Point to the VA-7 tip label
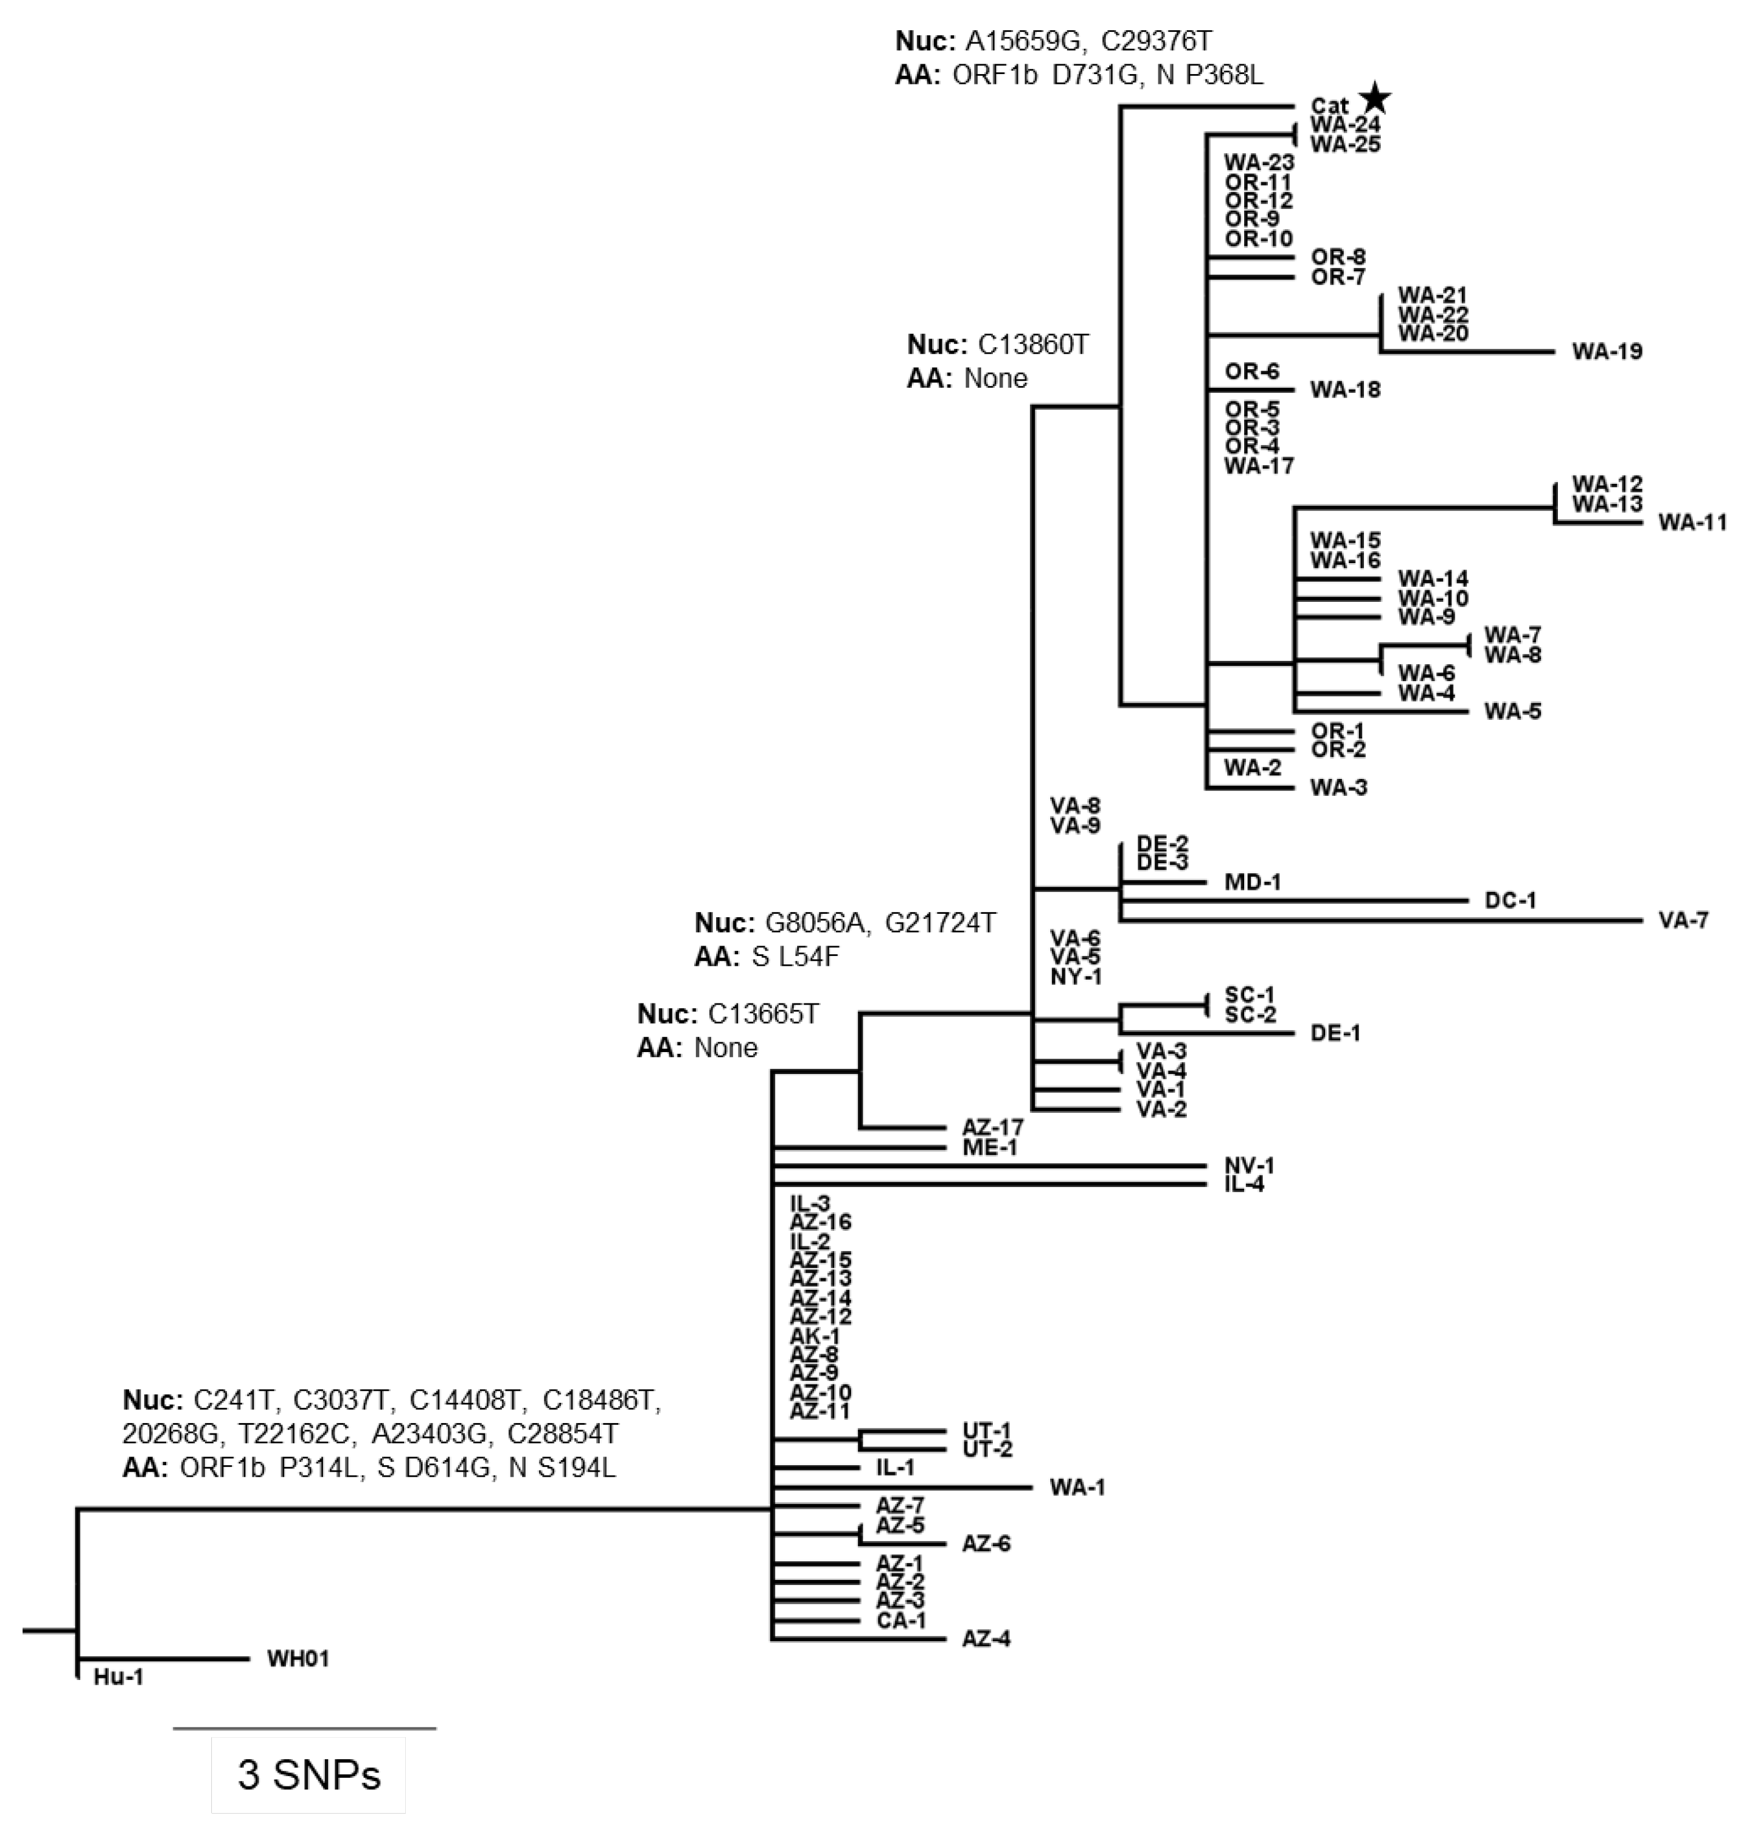click(1684, 921)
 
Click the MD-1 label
click(1253, 882)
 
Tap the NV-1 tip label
click(1249, 1166)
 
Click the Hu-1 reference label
click(119, 1678)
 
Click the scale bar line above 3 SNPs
click(305, 1729)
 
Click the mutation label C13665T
click(764, 1014)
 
